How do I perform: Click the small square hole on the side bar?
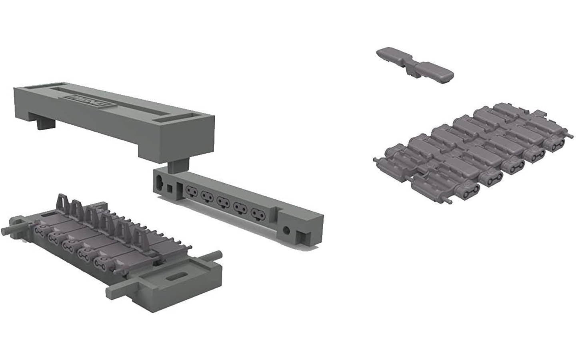170,188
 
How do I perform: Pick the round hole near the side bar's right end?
286,230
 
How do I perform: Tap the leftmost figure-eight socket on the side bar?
188,192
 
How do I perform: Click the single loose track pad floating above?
416,66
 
